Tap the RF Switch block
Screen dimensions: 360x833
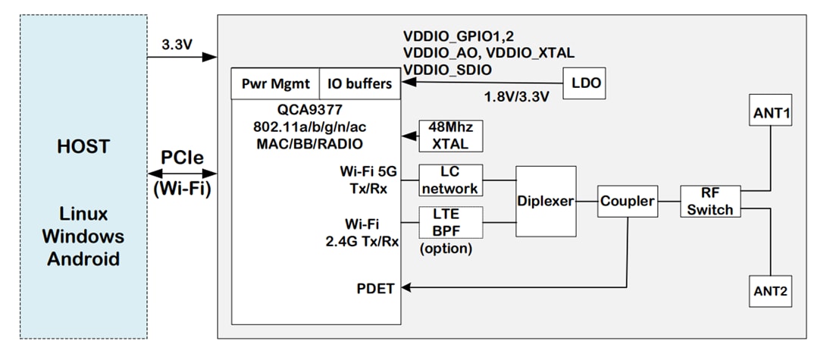[710, 201]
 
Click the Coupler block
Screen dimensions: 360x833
[627, 202]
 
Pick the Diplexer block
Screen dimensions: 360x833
[544, 201]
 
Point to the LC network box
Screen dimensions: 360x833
[450, 180]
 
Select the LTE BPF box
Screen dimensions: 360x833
[450, 223]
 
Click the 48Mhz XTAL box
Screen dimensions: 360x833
[451, 136]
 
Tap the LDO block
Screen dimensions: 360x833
[585, 83]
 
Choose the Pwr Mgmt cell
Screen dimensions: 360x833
[274, 83]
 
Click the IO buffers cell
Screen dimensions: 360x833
[359, 83]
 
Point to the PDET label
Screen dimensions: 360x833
[374, 288]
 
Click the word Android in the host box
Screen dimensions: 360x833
[83, 258]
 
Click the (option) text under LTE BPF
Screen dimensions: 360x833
[446, 249]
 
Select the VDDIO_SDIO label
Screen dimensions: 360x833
[447, 70]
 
